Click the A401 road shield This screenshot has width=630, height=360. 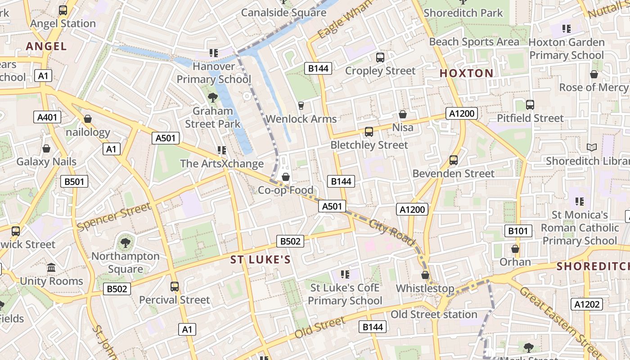tap(47, 117)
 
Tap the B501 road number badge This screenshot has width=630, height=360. tap(74, 181)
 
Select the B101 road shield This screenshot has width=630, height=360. tap(518, 231)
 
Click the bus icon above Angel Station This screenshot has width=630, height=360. tap(63, 10)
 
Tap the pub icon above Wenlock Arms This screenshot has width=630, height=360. tap(301, 106)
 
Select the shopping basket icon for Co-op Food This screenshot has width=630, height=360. tap(285, 177)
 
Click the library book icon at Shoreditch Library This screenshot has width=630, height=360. tap(592, 148)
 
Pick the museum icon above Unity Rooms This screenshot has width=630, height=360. tap(51, 268)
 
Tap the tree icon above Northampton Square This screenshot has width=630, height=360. tap(126, 243)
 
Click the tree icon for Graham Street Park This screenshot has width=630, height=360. tap(212, 97)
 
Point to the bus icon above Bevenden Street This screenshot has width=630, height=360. tap(454, 160)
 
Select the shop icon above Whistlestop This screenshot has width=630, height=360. tap(425, 275)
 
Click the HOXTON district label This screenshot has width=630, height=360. tap(466, 73)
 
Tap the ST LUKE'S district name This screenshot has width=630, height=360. tap(261, 260)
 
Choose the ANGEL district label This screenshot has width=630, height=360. tap(46, 46)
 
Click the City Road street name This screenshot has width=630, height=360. tap(391, 233)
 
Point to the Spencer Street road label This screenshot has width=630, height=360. tap(113, 217)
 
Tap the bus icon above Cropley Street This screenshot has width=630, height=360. tap(380, 58)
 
